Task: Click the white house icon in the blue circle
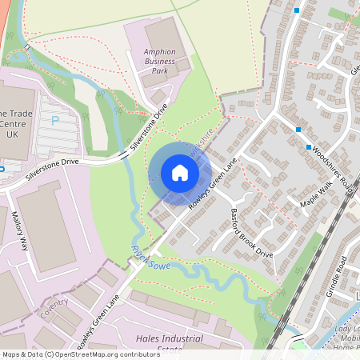pos(179,173)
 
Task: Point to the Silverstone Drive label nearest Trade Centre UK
pos(51,168)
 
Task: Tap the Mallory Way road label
pos(19,232)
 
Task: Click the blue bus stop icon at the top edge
pos(297,10)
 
